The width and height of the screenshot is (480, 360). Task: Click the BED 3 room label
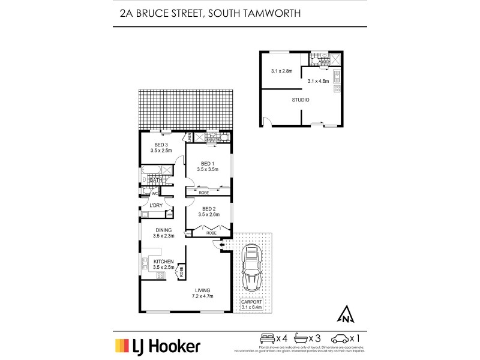click(161, 145)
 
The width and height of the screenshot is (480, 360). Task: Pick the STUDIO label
click(301, 100)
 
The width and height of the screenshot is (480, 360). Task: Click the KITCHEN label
click(163, 262)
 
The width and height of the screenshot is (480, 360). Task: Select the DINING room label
click(163, 230)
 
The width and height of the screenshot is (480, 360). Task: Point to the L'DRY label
click(156, 205)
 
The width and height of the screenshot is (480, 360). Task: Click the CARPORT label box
click(252, 305)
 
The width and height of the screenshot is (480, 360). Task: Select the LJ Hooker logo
click(157, 346)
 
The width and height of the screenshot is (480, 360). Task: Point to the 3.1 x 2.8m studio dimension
click(281, 71)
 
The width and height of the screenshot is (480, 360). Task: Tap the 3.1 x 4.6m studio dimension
click(318, 80)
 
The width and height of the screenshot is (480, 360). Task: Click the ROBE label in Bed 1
click(204, 193)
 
